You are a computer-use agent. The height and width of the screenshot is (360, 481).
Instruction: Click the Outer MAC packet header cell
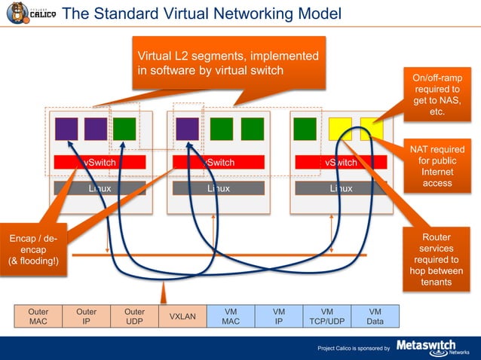coord(38,316)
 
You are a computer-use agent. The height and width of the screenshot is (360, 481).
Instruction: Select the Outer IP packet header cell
coord(87,316)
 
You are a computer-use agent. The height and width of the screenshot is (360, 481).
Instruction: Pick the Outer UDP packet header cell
coord(134,316)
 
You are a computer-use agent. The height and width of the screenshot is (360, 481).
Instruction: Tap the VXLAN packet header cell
coord(182,316)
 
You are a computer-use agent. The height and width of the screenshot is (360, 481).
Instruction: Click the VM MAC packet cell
coord(231,316)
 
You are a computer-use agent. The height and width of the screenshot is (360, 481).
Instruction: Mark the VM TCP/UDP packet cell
coord(326,316)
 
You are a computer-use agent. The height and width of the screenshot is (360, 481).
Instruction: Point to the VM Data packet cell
coord(375,316)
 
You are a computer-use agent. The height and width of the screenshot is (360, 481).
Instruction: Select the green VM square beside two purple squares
coord(124,129)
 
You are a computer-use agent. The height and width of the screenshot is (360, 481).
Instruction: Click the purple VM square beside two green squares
coord(187,129)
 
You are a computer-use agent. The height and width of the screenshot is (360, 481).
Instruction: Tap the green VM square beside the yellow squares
coord(305,129)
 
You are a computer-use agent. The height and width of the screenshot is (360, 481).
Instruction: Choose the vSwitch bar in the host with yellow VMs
coord(341,163)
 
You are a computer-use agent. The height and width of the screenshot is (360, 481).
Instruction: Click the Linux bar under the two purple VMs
coord(100,188)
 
